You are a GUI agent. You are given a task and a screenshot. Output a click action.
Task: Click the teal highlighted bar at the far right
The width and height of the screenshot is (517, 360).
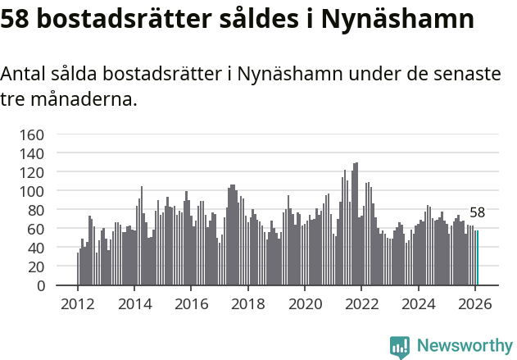pos(478,258)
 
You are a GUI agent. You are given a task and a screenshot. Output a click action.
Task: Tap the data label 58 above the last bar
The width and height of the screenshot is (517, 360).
pos(477,212)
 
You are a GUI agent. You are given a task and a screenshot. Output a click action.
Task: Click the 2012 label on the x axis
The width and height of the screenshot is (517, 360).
pos(78,304)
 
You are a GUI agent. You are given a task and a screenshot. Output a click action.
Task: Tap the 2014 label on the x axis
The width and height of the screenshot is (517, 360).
pos(135,304)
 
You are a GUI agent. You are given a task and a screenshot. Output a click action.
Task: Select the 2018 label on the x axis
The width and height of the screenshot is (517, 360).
pos(248,304)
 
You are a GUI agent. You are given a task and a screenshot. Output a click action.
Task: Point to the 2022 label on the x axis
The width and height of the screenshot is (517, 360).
pos(361,304)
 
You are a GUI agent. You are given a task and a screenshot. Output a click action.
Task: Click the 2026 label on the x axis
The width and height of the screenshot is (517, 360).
pos(474,304)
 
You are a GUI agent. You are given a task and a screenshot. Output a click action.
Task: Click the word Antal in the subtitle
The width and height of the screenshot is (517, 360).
pos(24,74)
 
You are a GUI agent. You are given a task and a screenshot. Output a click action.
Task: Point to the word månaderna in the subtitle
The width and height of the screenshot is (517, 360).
pos(82,101)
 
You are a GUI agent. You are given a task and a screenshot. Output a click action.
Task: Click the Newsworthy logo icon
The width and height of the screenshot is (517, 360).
pos(400,347)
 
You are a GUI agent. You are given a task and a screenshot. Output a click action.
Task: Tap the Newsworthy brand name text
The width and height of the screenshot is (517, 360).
pos(464,346)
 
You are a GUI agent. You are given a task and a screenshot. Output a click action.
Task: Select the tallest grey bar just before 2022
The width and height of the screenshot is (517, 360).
pos(356,224)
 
